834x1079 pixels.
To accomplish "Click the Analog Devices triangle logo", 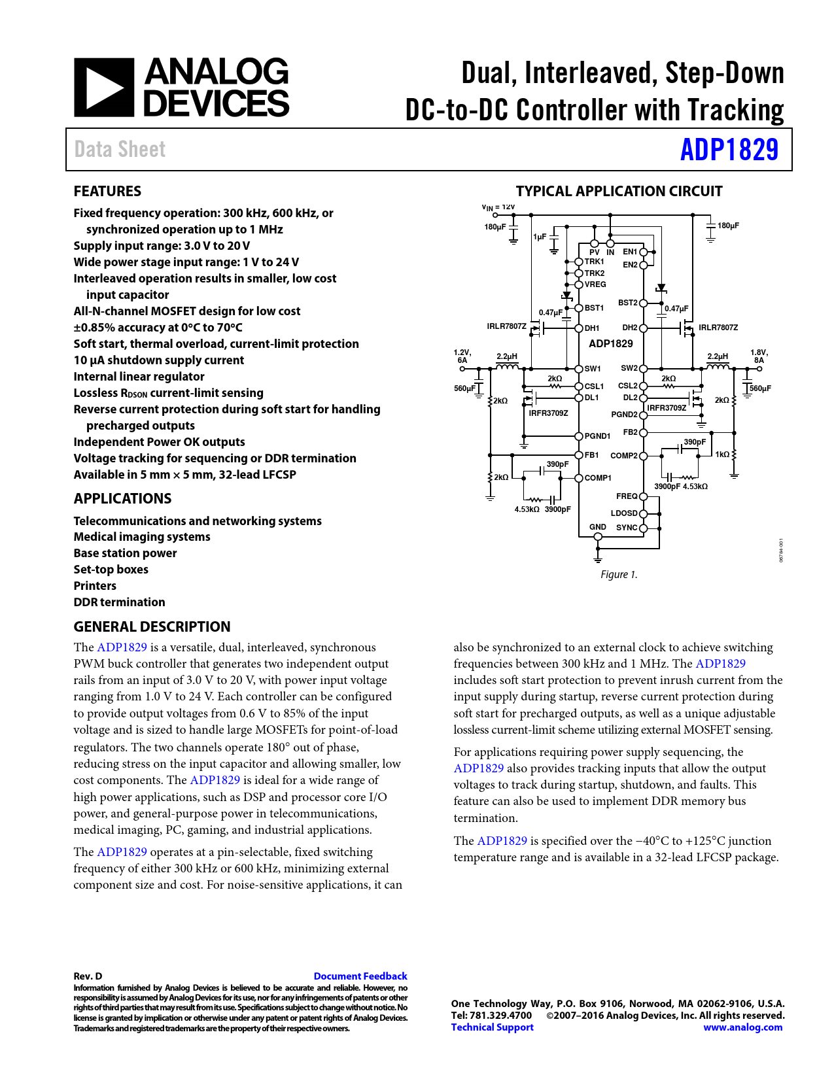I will [x=104, y=88].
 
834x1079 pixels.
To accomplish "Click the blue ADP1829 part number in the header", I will [x=729, y=150].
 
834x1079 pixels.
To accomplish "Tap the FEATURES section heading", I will [x=107, y=192].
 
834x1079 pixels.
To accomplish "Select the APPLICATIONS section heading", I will [x=122, y=499].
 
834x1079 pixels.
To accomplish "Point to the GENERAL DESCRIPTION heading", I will [x=152, y=627].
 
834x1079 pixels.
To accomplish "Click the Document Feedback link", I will [x=360, y=976].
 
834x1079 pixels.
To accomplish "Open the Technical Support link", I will [x=492, y=1027].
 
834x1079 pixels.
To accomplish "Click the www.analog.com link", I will [x=742, y=1027].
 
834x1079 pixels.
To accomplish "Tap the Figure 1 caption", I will [x=618, y=575].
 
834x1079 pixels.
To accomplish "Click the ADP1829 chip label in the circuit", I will [x=610, y=344].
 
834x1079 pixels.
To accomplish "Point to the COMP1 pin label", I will [x=598, y=478].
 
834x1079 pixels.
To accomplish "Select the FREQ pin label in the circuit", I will [x=627, y=496].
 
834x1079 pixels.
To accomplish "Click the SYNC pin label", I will [x=627, y=528].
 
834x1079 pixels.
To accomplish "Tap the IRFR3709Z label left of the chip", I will [x=548, y=413].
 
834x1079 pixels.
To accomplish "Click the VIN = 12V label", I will [x=498, y=207].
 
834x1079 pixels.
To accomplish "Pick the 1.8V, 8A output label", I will [x=759, y=356].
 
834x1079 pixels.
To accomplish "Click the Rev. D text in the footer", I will [x=88, y=976].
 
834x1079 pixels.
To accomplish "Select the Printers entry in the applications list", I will [x=95, y=586].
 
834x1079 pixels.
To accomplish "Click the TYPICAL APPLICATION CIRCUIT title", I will [x=619, y=192].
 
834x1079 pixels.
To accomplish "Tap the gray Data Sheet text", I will [x=120, y=150].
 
